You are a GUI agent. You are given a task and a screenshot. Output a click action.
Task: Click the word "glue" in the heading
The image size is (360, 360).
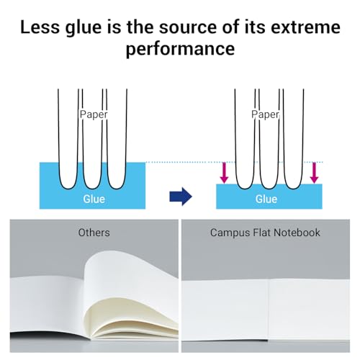tap(84, 28)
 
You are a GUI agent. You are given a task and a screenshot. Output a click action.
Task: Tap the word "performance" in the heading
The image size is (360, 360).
tap(180, 49)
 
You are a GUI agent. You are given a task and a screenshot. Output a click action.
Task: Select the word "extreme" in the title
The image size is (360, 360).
tap(305, 27)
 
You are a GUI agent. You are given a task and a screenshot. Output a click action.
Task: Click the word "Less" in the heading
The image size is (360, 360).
tap(40, 27)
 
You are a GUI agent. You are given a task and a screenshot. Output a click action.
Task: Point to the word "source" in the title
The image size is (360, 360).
tap(188, 27)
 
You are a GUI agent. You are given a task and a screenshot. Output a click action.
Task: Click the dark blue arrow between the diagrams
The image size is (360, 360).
tap(181, 197)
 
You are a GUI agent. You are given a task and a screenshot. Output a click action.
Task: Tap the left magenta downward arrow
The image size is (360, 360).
tap(224, 173)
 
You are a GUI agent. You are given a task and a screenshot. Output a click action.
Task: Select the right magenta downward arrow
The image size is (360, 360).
tap(314, 173)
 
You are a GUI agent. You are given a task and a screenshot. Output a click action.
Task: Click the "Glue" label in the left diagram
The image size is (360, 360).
tap(94, 199)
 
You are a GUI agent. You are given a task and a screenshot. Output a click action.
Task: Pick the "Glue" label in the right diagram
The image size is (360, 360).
tap(266, 199)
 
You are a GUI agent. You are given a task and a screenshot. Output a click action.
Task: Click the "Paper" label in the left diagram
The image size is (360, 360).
tap(94, 114)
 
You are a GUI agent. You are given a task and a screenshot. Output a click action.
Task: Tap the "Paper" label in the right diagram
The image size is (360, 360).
tap(266, 114)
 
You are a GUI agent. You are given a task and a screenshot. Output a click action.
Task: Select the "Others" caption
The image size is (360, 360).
tap(94, 233)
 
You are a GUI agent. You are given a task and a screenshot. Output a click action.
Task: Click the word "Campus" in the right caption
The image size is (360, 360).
tap(230, 233)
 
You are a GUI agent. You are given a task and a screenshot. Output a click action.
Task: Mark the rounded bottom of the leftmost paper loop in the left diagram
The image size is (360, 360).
tap(68, 186)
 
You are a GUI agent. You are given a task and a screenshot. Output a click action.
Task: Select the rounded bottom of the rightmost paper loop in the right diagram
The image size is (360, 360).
tap(293, 186)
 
